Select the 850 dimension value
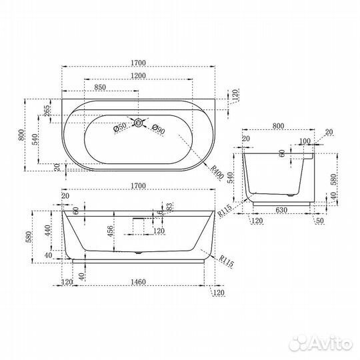[100, 87]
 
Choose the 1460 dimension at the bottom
[139, 283]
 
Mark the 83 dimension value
[169, 209]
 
